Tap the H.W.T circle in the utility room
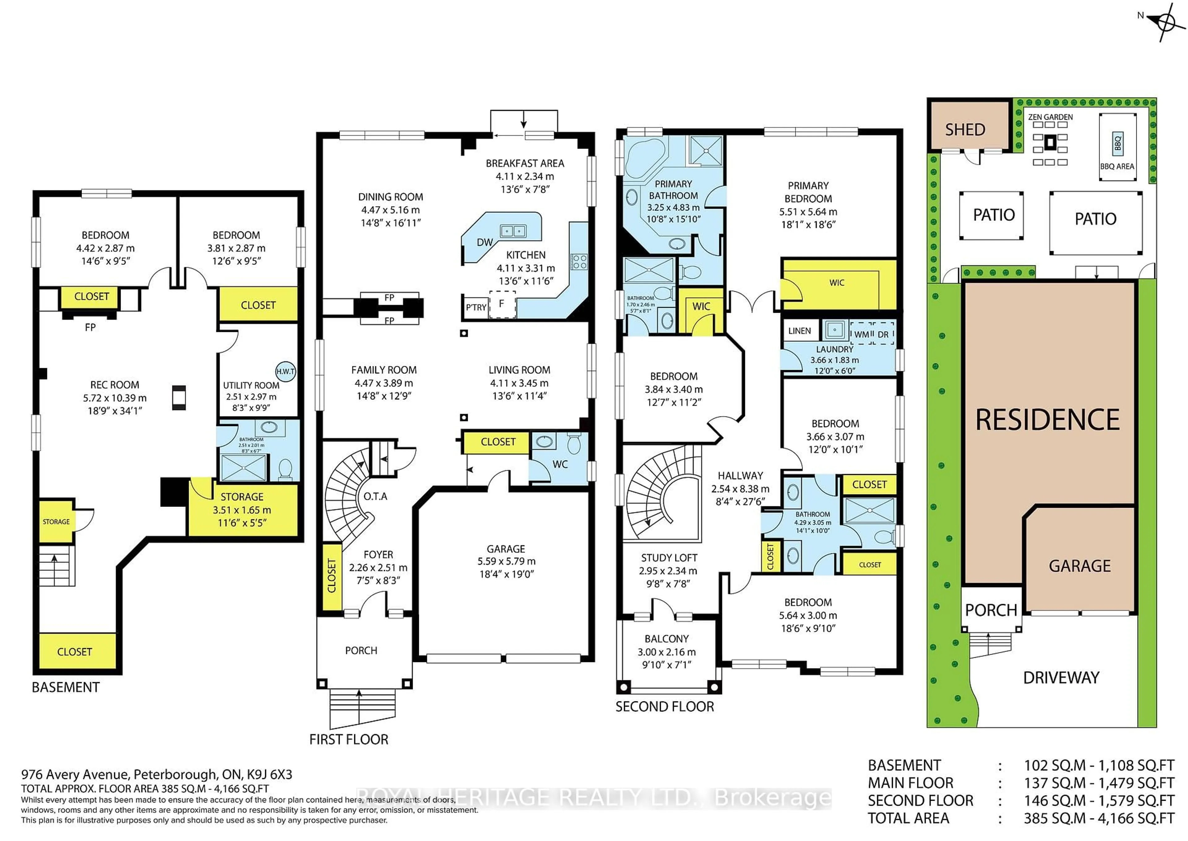[x=285, y=371]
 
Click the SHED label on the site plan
[x=965, y=129]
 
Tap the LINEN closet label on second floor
[x=799, y=331]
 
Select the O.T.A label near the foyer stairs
[x=375, y=496]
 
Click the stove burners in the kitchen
[x=579, y=262]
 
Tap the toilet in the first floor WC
[x=574, y=443]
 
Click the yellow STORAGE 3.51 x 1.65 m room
[x=242, y=510]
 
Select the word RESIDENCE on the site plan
[x=1047, y=420]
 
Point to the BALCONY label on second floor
[x=666, y=639]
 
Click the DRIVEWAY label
[x=1061, y=678]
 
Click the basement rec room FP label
[x=90, y=327]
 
